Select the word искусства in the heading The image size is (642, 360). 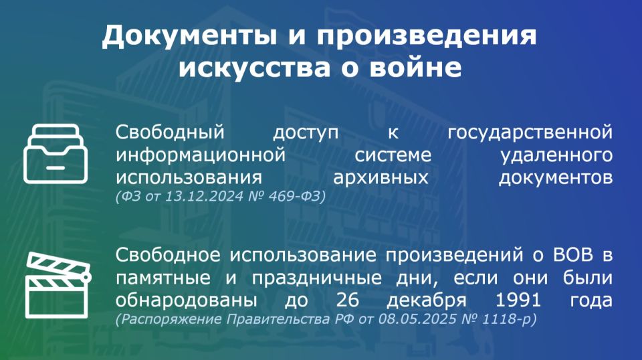coord(254,67)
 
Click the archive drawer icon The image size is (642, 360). coord(56,154)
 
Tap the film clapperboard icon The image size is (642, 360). coord(58,285)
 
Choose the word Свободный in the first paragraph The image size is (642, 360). coord(170,132)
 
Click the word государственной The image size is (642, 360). coord(530,132)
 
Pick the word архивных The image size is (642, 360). coord(381,178)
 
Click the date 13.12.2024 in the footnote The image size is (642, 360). coord(205,197)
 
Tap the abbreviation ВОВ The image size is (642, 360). coord(573,255)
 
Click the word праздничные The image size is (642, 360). coord(317,278)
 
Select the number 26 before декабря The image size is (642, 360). coord(348,300)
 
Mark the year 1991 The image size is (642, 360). coord(518,300)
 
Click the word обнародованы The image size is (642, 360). coord(187,300)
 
